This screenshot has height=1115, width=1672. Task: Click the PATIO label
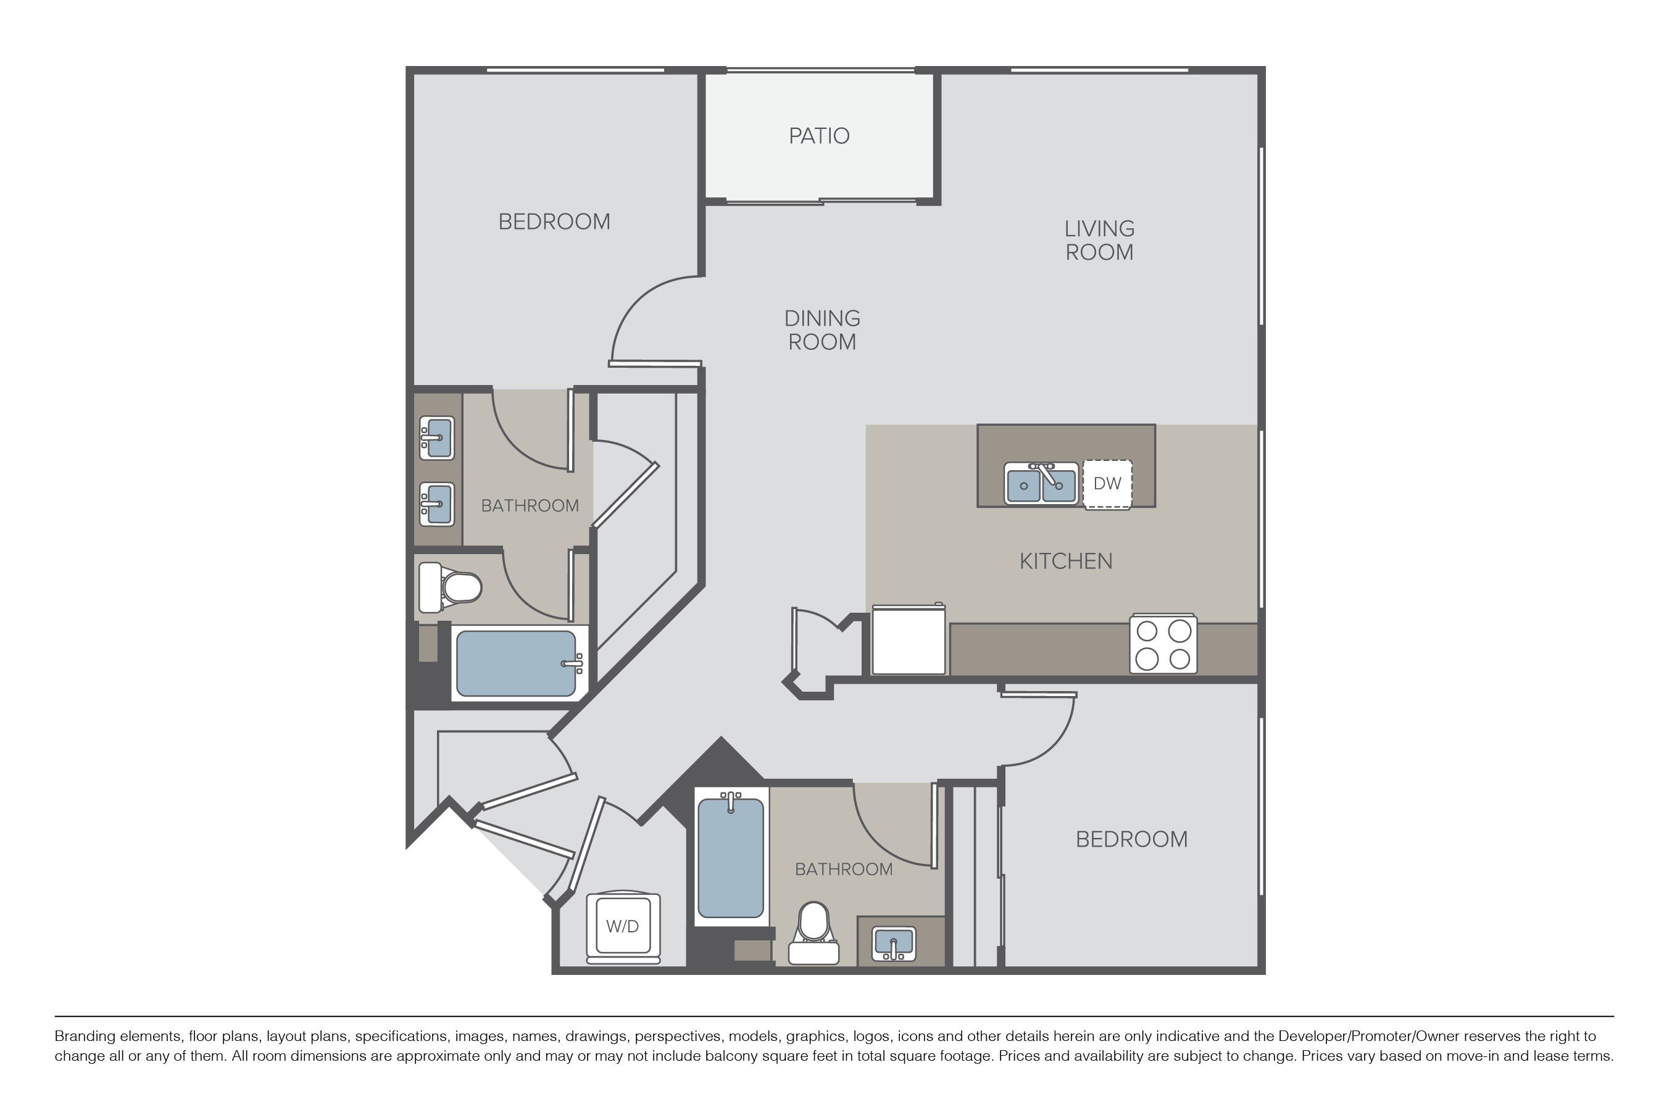818,136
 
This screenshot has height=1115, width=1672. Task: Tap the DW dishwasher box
1107,484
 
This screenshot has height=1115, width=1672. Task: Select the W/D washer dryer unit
623,927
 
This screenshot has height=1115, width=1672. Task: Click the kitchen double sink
1041,484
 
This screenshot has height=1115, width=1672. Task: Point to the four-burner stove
1163,644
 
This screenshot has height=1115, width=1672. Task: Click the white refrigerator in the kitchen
909,639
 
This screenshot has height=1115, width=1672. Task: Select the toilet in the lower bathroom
813,933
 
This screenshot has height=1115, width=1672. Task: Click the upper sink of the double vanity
436,438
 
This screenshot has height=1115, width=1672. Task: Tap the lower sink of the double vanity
436,504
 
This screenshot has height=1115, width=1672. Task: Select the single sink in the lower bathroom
894,943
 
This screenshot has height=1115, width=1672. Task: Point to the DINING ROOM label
822,330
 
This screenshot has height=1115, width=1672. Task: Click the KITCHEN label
1066,562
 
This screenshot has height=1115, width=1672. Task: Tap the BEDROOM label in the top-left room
554,222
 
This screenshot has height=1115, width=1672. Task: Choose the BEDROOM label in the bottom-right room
1131,840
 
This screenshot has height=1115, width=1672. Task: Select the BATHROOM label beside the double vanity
530,505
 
